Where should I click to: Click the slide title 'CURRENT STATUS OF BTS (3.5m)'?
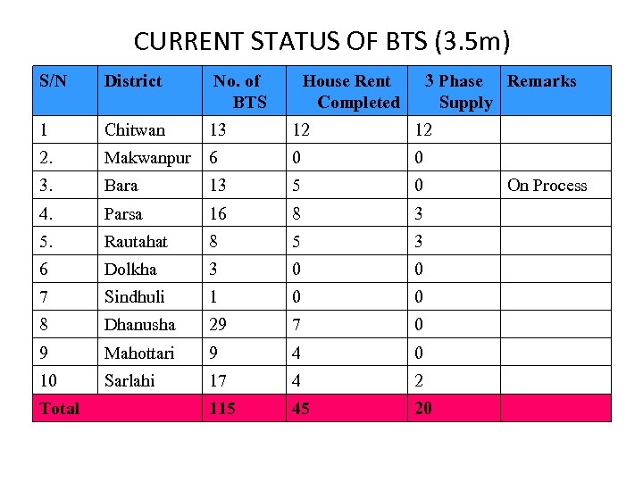321,41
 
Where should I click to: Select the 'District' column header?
133,81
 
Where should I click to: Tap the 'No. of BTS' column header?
238,91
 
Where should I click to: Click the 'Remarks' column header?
541,81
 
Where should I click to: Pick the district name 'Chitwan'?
135,130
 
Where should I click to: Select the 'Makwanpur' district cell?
147,158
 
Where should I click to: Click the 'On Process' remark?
547,186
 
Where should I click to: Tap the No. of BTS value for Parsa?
218,214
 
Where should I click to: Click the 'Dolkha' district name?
130,270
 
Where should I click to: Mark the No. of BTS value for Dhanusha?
218,325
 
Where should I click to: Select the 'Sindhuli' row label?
135,297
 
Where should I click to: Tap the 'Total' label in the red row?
59,409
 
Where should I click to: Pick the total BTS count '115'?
222,409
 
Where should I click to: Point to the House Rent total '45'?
301,409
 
